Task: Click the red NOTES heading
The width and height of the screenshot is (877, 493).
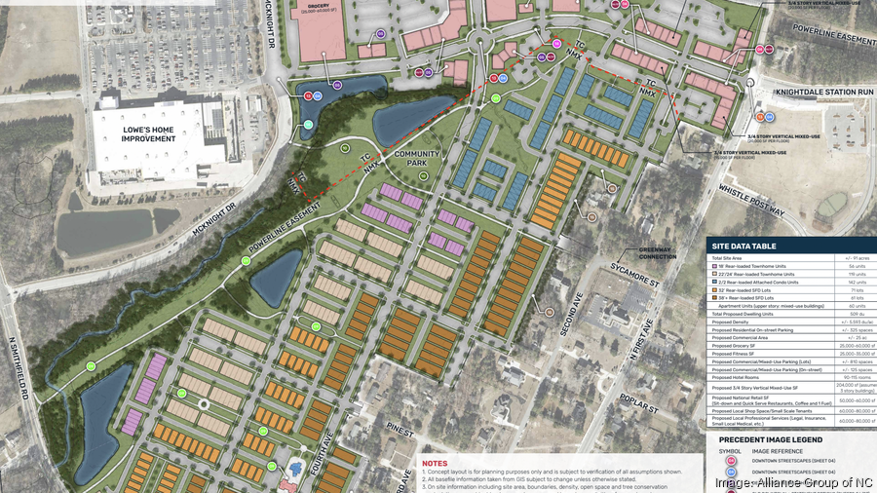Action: [435, 463]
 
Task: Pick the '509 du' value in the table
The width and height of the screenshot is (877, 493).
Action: [850, 313]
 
